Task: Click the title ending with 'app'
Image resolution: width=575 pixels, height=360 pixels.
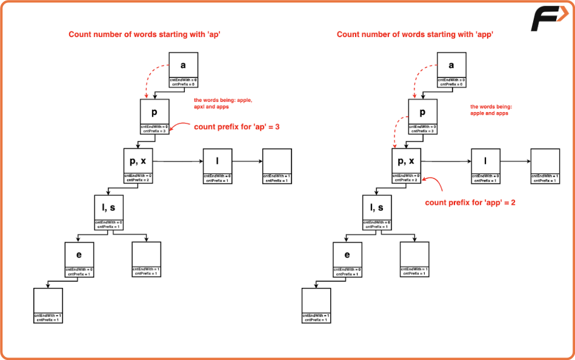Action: click(x=415, y=35)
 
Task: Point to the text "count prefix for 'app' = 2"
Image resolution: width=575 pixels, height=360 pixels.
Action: click(x=470, y=202)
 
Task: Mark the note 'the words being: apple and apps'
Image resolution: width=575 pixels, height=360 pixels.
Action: click(x=489, y=110)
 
